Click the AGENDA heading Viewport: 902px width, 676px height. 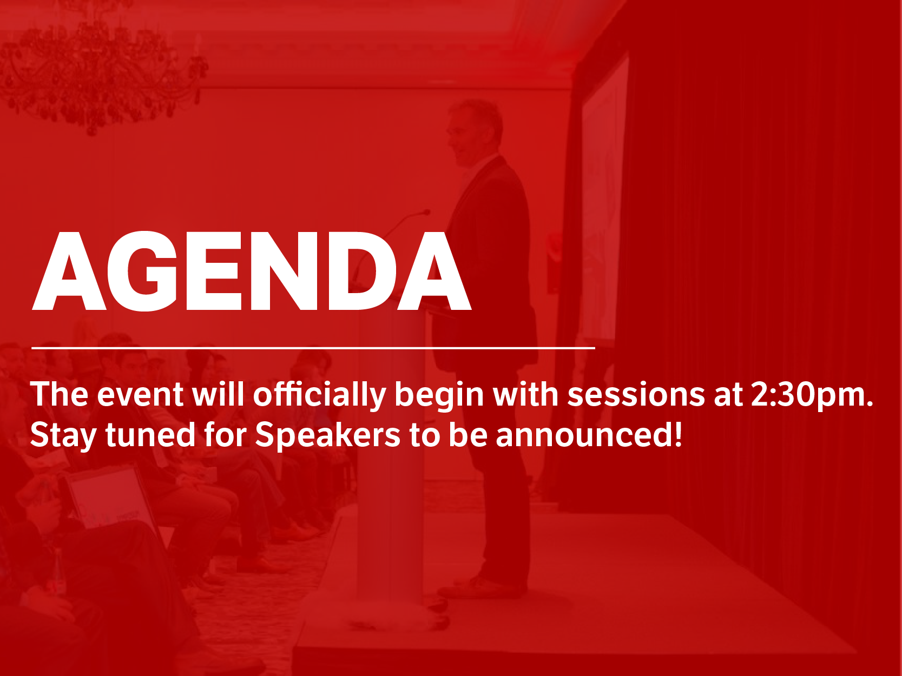point(252,271)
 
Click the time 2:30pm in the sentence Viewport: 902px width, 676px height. point(812,395)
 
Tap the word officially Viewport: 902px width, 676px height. point(319,395)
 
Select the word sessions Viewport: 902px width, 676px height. point(636,395)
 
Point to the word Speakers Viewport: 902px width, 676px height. point(327,435)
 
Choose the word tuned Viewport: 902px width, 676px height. point(150,435)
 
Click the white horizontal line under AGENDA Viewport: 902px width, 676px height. point(313,348)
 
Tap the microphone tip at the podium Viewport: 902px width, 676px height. point(426,213)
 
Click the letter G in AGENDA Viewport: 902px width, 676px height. point(142,271)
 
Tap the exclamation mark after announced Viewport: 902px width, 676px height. point(678,434)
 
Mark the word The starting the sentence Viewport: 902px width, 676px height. point(59,394)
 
